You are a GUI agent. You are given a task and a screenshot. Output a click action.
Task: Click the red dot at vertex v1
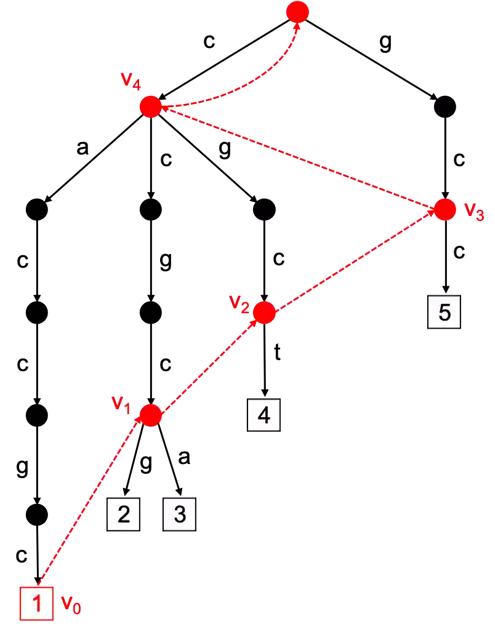pos(150,415)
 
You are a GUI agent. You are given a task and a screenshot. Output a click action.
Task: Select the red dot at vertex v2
pos(265,313)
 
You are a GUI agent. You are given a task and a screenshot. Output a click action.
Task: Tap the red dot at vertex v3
pos(444,209)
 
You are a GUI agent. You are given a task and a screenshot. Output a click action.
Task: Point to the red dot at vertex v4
pos(150,106)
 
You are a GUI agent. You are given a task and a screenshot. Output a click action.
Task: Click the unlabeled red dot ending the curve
pos(298,12)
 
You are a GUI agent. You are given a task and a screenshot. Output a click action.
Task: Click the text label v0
pos(71,604)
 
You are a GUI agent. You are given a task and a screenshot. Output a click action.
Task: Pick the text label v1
pos(121,404)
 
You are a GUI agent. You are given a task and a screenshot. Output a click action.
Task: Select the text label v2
pos(239,303)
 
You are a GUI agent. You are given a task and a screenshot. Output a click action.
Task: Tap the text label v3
pos(473,212)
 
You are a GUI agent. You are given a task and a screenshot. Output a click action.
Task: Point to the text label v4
pos(131,81)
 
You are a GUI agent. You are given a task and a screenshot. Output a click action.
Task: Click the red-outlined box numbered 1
pos(36,604)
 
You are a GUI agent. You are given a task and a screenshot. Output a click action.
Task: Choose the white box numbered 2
pos(124,514)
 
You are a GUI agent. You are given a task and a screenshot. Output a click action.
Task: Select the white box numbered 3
pos(180,514)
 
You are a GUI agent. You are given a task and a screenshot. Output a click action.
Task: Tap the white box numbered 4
pos(264,415)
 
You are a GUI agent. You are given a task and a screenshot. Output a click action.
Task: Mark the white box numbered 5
pos(445,313)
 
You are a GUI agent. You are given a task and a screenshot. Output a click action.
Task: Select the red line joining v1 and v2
pos(207,364)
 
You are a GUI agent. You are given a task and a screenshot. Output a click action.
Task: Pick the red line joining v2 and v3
pos(354,261)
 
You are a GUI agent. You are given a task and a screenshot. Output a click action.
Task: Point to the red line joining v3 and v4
pos(297,158)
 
